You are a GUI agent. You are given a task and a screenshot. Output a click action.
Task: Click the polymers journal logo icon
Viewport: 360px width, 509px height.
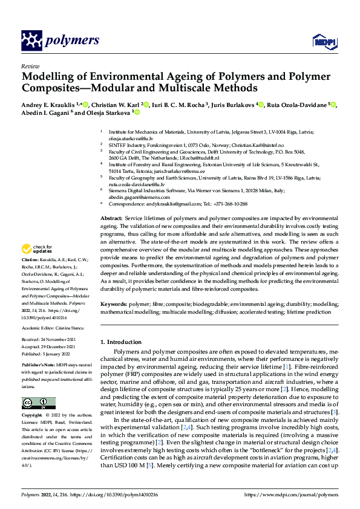click(x=33, y=41)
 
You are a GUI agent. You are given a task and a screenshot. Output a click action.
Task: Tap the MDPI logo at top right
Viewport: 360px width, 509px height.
click(x=322, y=41)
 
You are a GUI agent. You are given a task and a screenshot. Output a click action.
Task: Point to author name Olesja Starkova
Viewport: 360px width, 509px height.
click(x=102, y=112)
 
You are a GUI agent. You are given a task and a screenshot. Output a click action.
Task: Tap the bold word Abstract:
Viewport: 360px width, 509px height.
click(x=111, y=217)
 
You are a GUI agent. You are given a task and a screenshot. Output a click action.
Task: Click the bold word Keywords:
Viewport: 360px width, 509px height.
click(x=114, y=305)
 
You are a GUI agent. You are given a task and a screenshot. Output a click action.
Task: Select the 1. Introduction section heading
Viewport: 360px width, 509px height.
click(x=125, y=342)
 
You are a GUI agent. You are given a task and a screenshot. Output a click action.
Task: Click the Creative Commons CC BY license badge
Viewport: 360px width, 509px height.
click(x=38, y=403)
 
